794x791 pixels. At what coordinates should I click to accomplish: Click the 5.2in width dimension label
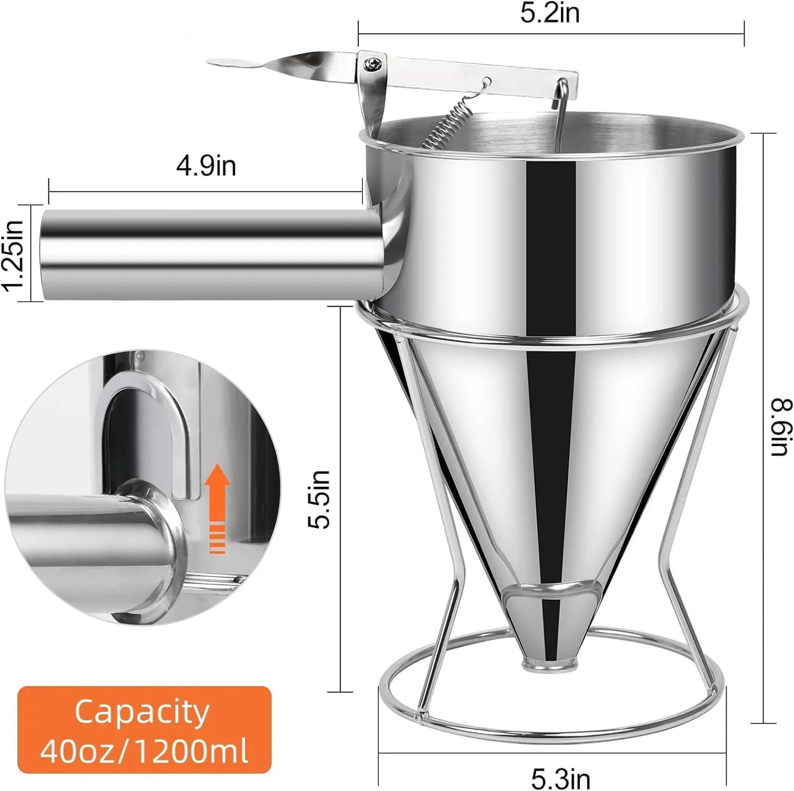[x=550, y=14]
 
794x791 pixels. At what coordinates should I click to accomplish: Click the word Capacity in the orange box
[x=142, y=712]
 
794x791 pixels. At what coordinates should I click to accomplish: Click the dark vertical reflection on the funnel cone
[x=551, y=467]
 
